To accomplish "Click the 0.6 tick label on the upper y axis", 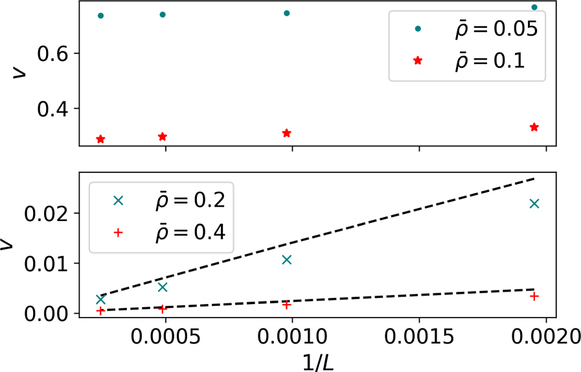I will tap(53, 54).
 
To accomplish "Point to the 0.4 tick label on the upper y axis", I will tap(53, 108).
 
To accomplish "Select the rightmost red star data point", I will tap(534, 127).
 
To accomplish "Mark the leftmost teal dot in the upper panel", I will tap(100, 16).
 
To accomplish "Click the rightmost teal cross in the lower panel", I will tap(534, 203).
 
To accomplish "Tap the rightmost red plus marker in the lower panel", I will tap(534, 296).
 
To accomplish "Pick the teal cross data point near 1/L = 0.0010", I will tap(287, 260).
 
